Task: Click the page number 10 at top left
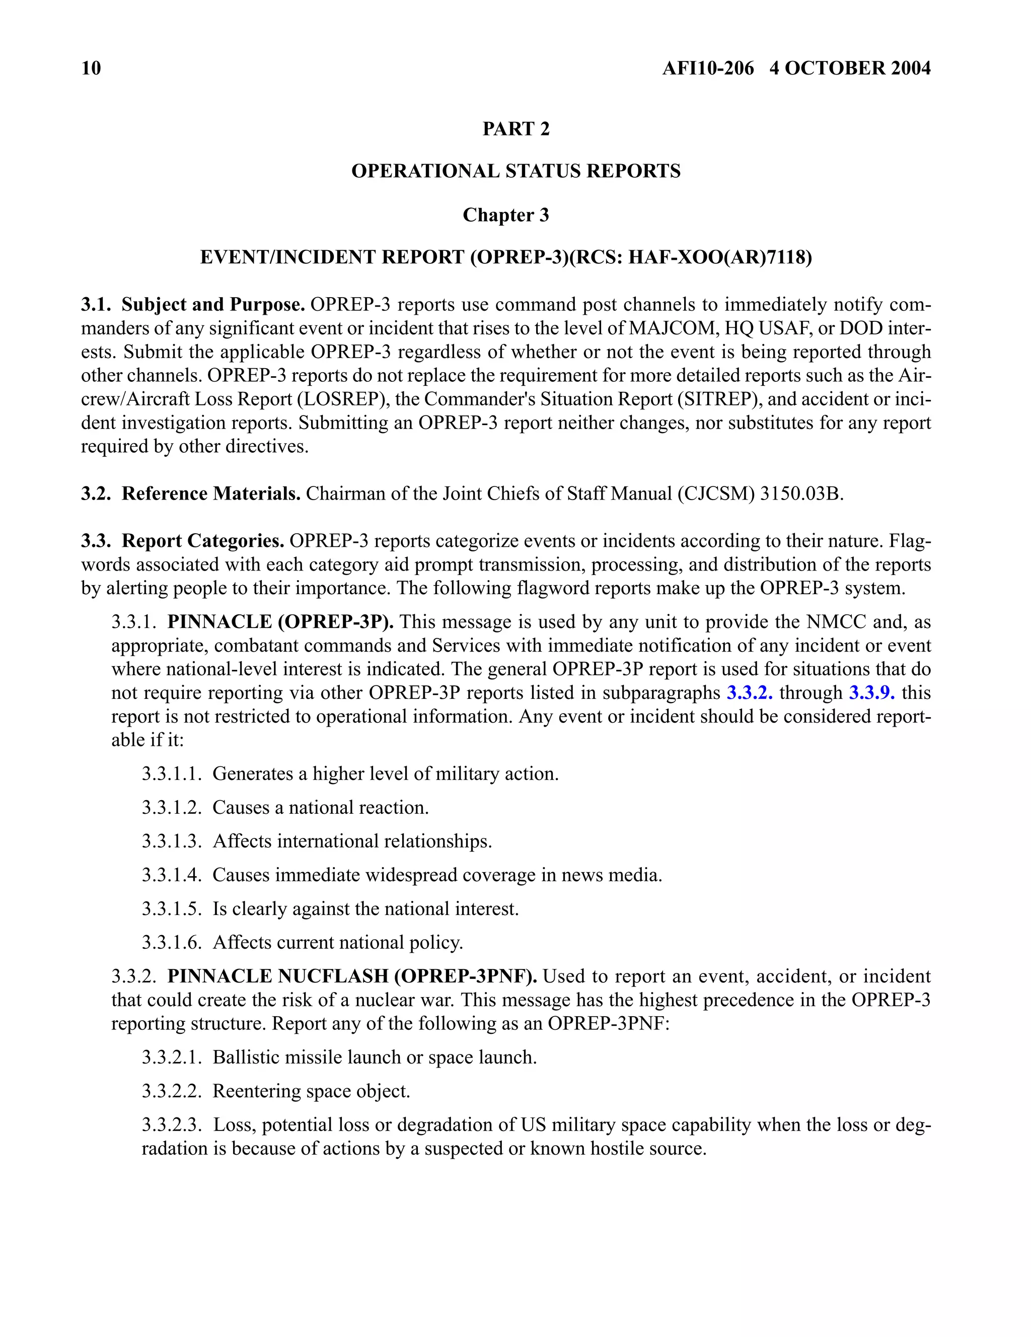91,68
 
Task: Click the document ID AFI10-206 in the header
708,68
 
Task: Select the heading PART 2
516,129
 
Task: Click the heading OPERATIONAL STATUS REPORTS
516,171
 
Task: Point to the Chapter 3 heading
505,216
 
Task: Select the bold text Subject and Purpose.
213,304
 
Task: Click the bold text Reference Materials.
211,494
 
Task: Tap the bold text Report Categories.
202,541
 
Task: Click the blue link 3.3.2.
750,693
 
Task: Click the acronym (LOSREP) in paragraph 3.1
344,399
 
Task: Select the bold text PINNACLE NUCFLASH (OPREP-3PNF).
352,976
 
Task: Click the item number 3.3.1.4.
172,875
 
